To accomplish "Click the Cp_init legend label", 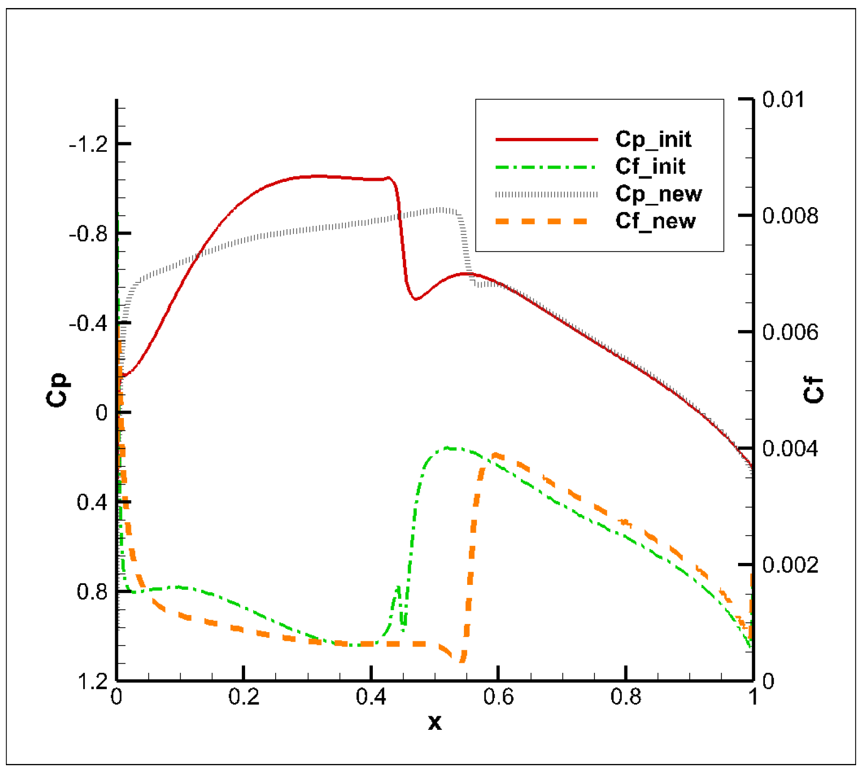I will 653,140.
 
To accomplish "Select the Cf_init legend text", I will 650,167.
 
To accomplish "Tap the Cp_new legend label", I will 658,194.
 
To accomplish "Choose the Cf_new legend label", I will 655,221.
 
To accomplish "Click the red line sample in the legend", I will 546,140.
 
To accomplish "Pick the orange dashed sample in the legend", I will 542,221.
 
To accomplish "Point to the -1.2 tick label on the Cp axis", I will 88,144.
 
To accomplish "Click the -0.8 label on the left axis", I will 88,234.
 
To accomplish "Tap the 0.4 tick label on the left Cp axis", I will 92,503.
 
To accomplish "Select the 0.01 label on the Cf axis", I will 783,100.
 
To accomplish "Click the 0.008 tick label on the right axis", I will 790,216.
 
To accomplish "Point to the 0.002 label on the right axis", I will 790,565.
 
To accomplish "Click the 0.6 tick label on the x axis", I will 498,697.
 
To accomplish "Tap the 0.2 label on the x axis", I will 244,697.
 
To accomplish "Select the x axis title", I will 434,723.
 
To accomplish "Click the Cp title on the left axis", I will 58,390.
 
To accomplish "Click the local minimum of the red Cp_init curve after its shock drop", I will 416,299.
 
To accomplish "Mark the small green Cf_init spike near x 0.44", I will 398,589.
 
